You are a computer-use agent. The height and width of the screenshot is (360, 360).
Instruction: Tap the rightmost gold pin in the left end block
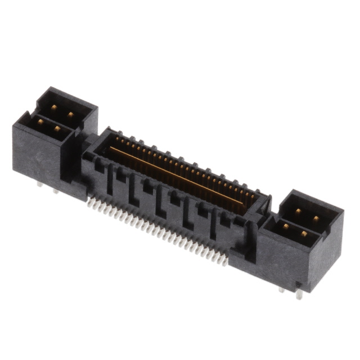(70, 114)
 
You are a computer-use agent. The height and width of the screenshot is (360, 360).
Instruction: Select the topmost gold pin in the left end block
(53, 107)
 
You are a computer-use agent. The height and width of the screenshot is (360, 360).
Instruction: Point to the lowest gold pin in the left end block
(57, 128)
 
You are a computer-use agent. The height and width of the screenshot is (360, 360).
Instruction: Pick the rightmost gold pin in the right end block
(316, 219)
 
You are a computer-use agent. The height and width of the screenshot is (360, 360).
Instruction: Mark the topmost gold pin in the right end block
(298, 212)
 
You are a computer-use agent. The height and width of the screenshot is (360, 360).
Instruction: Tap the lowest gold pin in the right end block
(304, 233)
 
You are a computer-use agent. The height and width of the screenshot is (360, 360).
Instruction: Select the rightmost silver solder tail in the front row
(225, 261)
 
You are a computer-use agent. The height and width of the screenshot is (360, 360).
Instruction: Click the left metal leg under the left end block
(39, 184)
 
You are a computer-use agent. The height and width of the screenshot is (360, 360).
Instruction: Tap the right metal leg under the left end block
(55, 191)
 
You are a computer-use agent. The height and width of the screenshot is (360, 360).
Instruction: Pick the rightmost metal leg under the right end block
(299, 294)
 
